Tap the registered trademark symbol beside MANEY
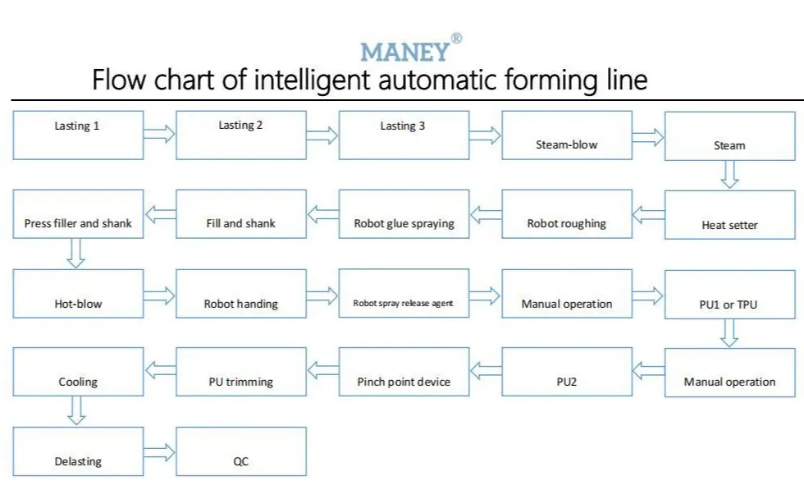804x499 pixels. click(x=456, y=39)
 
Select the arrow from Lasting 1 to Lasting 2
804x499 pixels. click(x=159, y=135)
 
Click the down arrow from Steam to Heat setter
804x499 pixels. click(x=729, y=174)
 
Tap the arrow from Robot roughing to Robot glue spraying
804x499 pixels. click(x=486, y=214)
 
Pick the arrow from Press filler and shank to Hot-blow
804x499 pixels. click(x=75, y=254)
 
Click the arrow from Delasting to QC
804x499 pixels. click(x=159, y=452)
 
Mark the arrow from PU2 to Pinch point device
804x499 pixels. click(x=486, y=371)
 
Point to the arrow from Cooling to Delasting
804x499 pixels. click(x=76, y=410)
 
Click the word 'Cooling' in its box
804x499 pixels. click(x=78, y=382)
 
